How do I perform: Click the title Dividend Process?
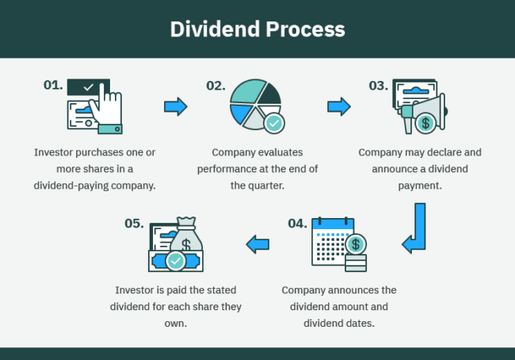point(257,29)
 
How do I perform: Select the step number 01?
point(53,85)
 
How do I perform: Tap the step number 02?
point(216,85)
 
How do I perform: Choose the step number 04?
point(296,223)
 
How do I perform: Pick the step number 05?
point(134,223)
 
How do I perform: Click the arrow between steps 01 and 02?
point(175,106)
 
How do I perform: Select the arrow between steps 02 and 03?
point(339,106)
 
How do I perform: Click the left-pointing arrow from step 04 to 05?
point(257,244)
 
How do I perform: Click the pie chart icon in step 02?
point(252,103)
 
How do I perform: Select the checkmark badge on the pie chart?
point(274,123)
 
